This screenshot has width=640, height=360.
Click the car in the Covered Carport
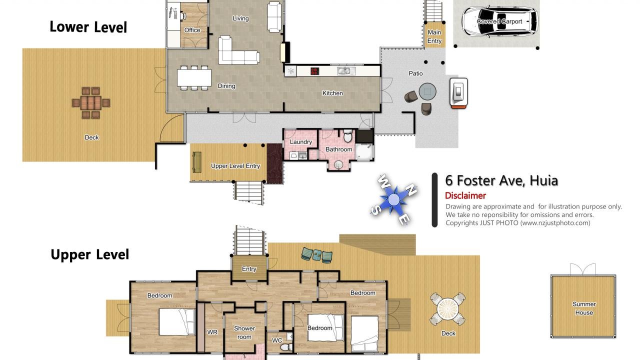[499, 21]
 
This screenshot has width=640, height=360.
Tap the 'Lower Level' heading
[88, 27]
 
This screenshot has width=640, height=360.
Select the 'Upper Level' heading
[89, 254]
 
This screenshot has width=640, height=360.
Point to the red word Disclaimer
[465, 195]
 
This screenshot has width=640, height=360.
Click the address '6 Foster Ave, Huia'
[501, 180]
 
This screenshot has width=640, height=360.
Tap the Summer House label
[584, 308]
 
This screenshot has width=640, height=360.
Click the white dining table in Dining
[194, 77]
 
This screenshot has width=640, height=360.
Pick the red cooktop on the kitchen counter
[314, 71]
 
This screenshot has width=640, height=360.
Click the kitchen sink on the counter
[346, 71]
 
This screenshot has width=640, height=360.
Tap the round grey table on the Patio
[427, 91]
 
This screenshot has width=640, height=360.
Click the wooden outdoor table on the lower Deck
[91, 103]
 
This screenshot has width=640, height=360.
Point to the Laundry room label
[300, 142]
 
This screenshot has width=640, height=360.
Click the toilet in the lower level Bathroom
[347, 136]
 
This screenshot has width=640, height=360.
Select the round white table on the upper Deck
[447, 309]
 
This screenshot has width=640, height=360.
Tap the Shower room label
[244, 332]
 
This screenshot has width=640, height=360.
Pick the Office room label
[192, 30]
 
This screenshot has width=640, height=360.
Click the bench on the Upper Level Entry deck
[197, 162]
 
